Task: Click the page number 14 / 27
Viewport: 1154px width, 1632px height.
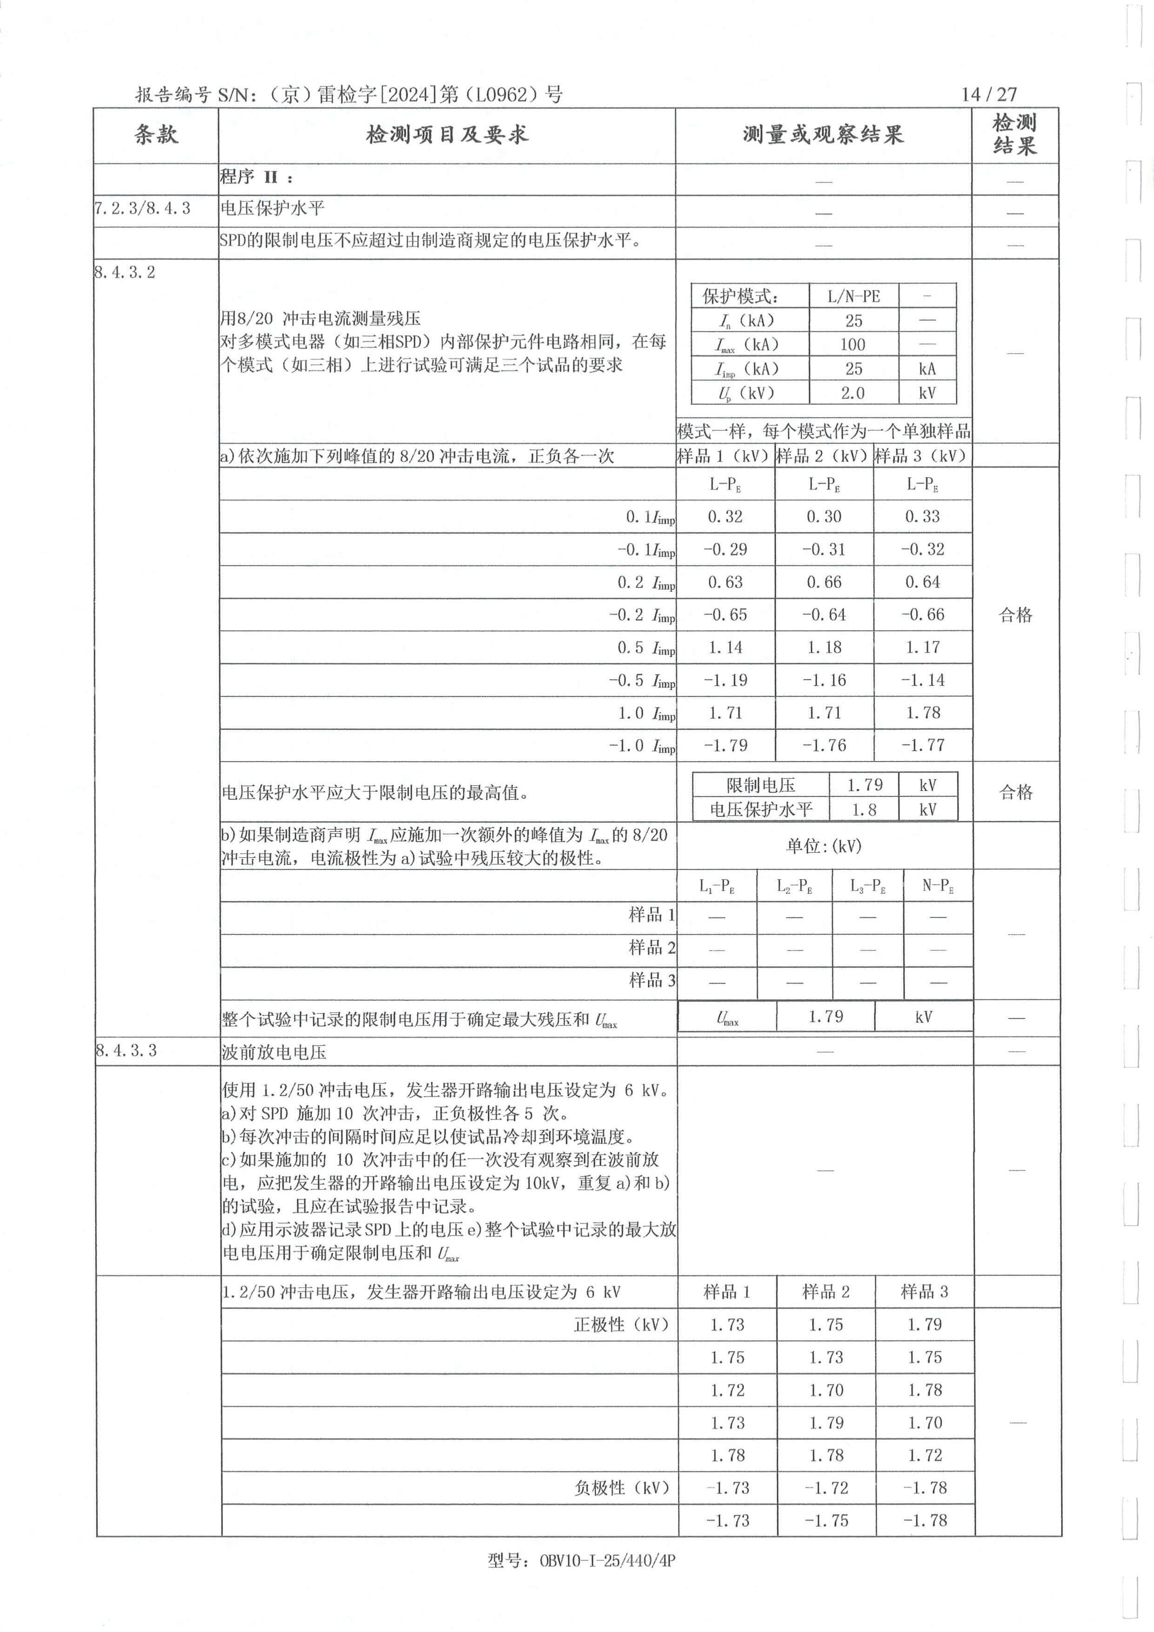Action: pyautogui.click(x=988, y=94)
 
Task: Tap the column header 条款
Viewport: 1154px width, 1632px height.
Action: pyautogui.click(x=156, y=134)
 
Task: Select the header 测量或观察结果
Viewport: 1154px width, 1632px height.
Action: pyautogui.click(x=823, y=134)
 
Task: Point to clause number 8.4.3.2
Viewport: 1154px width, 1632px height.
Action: pyautogui.click(x=124, y=272)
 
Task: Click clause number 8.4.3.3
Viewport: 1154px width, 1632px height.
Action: pyautogui.click(x=126, y=1050)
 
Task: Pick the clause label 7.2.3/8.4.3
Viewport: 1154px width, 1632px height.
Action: pyautogui.click(x=142, y=208)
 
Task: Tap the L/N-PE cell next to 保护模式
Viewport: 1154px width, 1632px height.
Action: pyautogui.click(x=853, y=296)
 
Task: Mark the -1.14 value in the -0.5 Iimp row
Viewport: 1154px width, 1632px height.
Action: pyautogui.click(x=923, y=680)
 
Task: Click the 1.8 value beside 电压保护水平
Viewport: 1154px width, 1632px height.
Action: pyautogui.click(x=864, y=809)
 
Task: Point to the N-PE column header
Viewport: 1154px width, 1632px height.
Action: pyautogui.click(x=938, y=886)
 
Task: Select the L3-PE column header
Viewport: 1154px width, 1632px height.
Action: pyautogui.click(x=867, y=886)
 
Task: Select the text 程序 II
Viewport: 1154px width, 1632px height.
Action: pyautogui.click(x=256, y=177)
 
